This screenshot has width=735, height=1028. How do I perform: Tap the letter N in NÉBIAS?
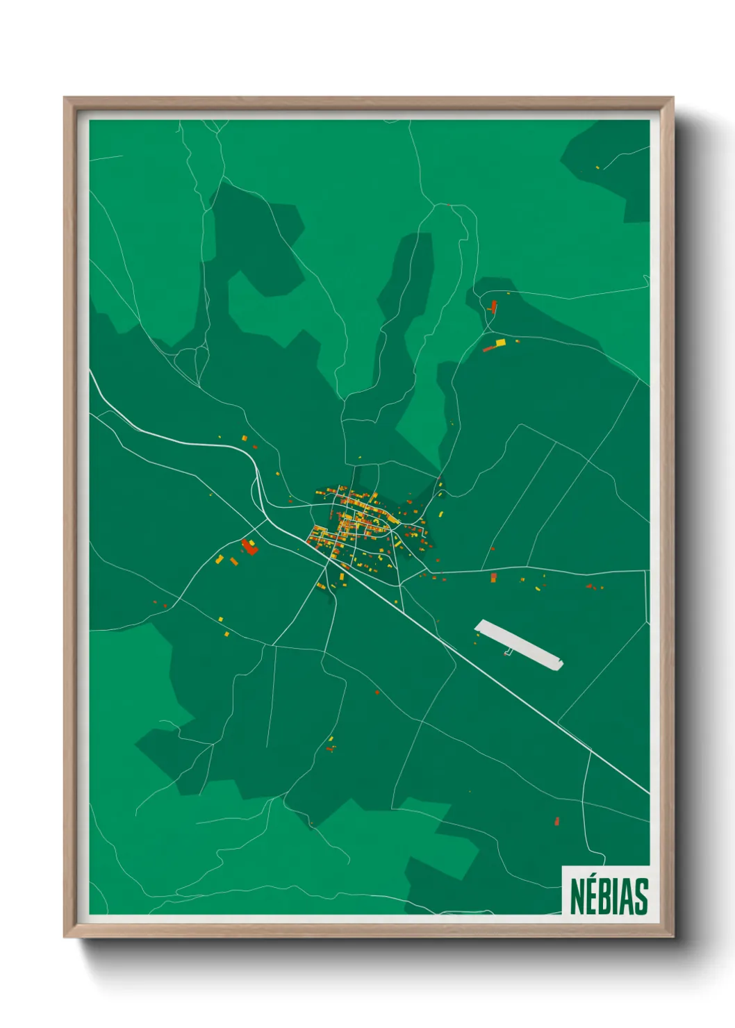tap(577, 897)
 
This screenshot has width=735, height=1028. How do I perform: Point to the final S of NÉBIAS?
tap(641, 897)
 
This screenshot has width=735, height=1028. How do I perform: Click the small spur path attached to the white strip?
tap(508, 652)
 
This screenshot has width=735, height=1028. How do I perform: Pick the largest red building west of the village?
tap(249, 547)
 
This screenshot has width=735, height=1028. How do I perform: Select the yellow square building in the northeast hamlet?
tap(500, 342)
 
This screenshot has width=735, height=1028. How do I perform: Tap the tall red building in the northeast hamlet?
tap(494, 306)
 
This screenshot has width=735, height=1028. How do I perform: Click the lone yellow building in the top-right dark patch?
tap(597, 167)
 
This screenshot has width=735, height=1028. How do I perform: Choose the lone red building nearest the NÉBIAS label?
tap(557, 822)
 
